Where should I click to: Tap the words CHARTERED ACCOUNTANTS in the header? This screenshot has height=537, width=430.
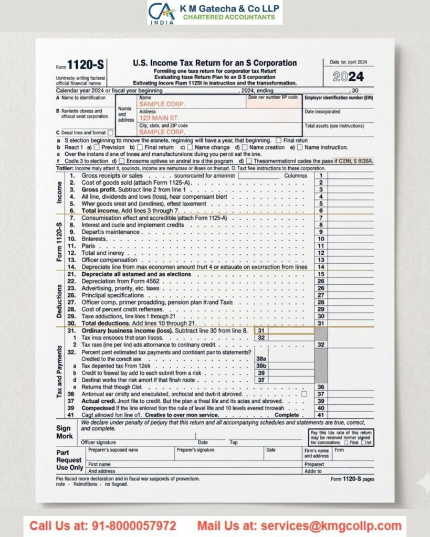pyautogui.click(x=229, y=17)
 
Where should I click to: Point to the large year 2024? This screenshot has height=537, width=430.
pyautogui.click(x=348, y=77)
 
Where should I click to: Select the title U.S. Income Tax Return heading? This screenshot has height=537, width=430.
pyautogui.click(x=215, y=63)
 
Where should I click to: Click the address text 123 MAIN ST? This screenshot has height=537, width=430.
pyautogui.click(x=159, y=119)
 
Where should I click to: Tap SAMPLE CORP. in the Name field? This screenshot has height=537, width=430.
pyautogui.click(x=162, y=104)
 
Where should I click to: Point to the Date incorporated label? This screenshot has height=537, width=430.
pyautogui.click(x=322, y=112)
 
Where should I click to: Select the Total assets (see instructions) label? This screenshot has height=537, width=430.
pyautogui.click(x=334, y=126)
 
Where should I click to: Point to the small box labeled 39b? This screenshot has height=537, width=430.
pyautogui.click(x=261, y=366)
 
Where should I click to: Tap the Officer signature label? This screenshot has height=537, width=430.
pyautogui.click(x=99, y=442)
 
